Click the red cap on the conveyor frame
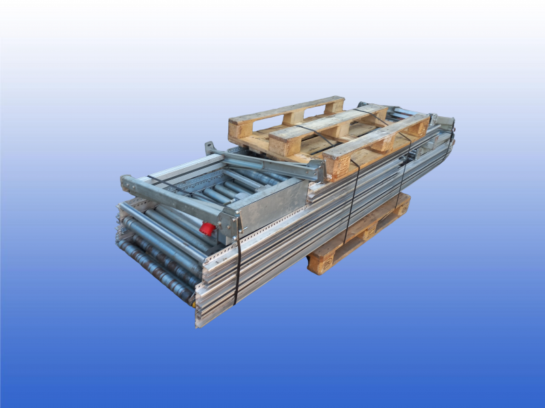point(207,228)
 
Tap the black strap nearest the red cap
point(237,258)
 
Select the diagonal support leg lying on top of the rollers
point(266,164)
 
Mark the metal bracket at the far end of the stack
point(445,123)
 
